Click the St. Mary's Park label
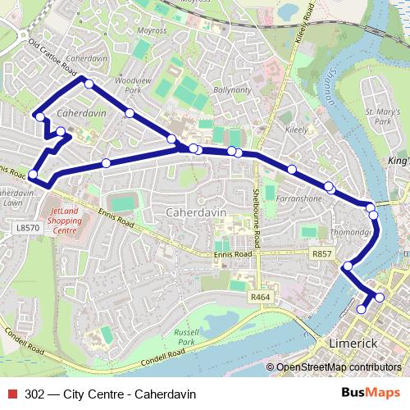click(x=381, y=116)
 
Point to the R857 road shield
click(x=321, y=254)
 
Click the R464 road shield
click(x=260, y=297)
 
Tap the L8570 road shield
click(x=27, y=227)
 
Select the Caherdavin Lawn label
click(x=16, y=198)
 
